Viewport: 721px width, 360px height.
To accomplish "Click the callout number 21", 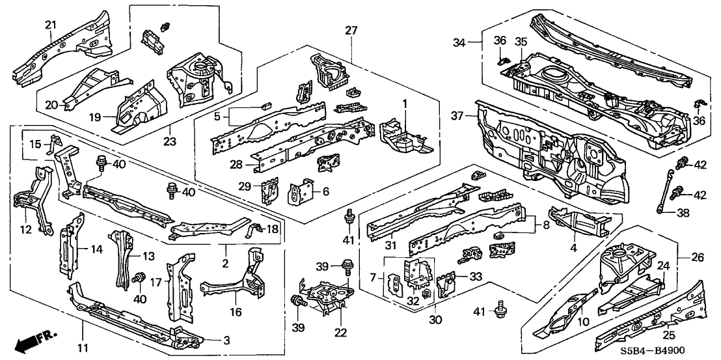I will [x=51, y=25].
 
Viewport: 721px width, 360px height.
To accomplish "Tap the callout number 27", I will [x=351, y=31].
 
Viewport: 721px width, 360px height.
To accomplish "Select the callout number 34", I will [x=460, y=42].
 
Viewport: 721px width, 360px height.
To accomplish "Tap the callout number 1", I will [x=404, y=104].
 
